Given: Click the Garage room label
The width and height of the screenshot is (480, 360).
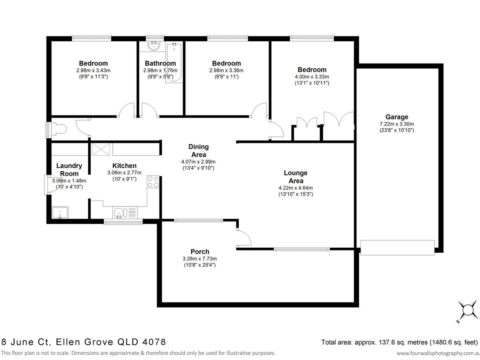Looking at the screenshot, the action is tap(397, 117).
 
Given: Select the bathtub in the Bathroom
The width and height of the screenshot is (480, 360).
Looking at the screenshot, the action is tap(174, 63).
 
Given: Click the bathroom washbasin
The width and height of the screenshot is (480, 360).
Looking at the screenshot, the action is tap(154, 46).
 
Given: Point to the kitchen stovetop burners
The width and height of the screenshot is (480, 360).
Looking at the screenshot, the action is tap(153, 182).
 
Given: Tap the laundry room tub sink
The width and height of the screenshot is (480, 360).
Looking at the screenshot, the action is tap(60, 212).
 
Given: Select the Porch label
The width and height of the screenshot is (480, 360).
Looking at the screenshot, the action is tap(200, 252).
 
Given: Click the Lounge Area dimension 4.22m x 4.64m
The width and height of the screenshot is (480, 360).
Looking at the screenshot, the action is tap(296, 188).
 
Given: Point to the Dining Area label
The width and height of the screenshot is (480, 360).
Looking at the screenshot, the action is tap(198, 151).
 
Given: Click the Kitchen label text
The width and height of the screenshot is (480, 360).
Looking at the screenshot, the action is tap(124, 166).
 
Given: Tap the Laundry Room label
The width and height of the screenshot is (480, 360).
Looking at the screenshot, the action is tap(69, 170).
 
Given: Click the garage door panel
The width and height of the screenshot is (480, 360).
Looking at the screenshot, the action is tap(397, 248).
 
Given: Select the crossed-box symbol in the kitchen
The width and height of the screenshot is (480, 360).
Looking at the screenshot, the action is tap(101, 149).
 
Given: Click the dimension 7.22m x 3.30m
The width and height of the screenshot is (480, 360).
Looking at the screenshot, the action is tap(397, 124).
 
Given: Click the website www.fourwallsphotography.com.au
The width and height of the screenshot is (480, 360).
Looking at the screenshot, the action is tap(438, 354).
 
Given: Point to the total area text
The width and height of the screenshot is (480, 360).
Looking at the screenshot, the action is tap(399, 342).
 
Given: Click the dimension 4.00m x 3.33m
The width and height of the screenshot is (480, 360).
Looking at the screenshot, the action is tap(312, 77).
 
